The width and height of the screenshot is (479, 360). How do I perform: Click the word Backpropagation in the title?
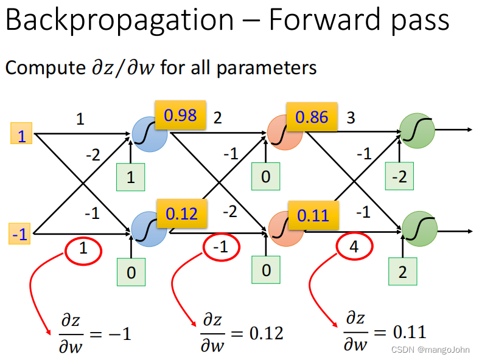coord(119,21)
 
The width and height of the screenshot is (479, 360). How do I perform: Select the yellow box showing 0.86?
coord(312,117)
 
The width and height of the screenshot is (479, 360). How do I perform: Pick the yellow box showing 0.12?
coord(182,213)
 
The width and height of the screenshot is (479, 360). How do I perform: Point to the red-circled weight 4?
coord(354,247)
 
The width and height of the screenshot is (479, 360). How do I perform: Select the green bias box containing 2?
coord(402,272)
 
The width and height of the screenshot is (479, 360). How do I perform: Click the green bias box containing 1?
coord(131,178)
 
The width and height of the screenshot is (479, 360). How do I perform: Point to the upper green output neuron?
coord(416,131)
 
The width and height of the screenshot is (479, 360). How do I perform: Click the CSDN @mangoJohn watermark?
coord(432,350)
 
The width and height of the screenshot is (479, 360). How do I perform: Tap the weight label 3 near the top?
coord(351,117)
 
